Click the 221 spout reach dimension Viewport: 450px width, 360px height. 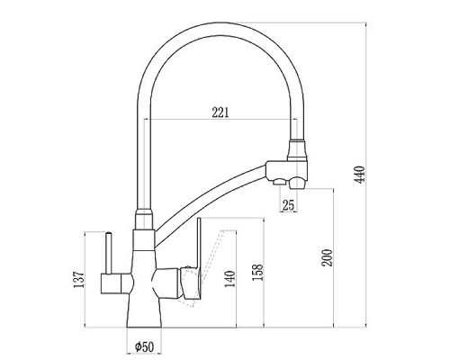[220, 112]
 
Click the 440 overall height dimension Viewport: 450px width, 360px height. [359, 175]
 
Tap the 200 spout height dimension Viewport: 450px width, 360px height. [327, 257]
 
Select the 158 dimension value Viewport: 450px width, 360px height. [257, 272]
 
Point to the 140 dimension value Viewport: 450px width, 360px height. [230, 279]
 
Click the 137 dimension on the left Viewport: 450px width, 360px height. [79, 280]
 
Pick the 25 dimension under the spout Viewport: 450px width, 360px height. [288, 205]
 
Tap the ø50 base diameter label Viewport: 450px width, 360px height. [144, 347]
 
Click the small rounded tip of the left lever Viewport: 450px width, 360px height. [109, 233]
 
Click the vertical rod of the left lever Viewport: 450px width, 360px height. [109, 254]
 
